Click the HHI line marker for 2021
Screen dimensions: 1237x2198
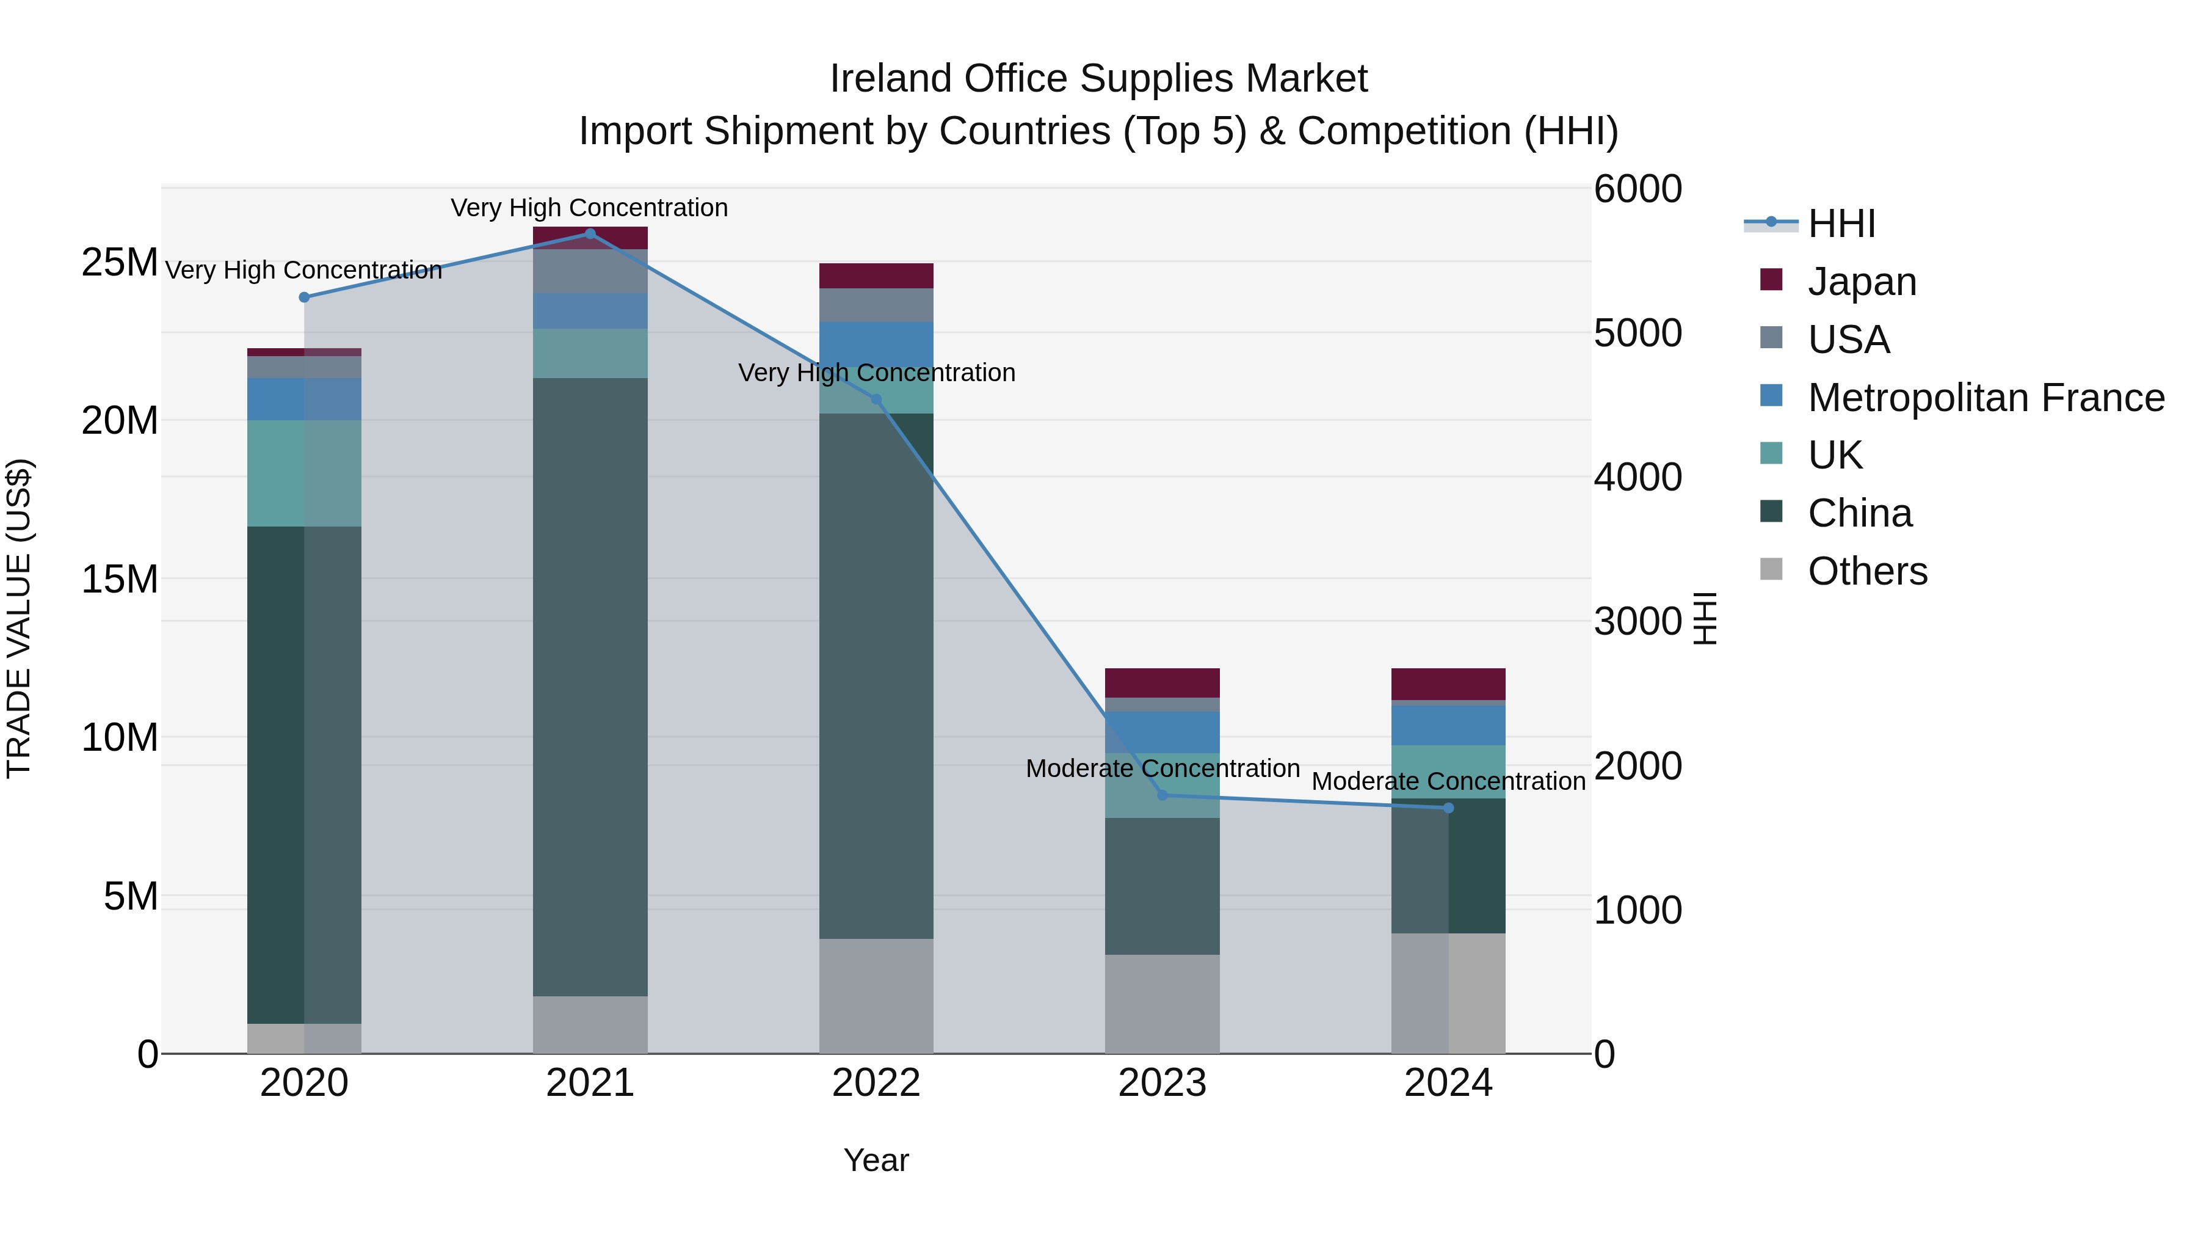coord(590,233)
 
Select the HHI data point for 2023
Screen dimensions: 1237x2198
coord(1162,795)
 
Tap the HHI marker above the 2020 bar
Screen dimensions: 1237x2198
coord(305,297)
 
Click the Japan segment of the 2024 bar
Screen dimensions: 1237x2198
coord(1448,684)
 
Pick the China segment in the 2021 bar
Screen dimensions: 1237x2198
coord(590,687)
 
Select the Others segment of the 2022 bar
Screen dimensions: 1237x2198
coord(876,996)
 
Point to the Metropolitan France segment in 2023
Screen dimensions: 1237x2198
coord(1162,732)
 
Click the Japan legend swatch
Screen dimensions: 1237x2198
coord(1771,280)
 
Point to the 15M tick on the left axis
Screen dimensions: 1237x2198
coord(120,580)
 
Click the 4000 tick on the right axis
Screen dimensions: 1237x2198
coord(1638,477)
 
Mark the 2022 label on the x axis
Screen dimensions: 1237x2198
coord(876,1083)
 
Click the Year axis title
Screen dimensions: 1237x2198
coord(876,1160)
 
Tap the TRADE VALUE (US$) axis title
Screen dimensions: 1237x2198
coord(19,618)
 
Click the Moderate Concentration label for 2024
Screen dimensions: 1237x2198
coord(1448,781)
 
